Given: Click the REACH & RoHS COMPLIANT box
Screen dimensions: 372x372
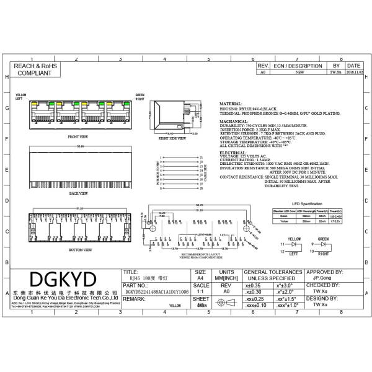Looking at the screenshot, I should [34, 69].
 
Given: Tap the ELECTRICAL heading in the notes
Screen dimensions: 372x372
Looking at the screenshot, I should [233, 152].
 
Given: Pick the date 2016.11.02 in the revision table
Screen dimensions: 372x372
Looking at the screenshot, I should [353, 72].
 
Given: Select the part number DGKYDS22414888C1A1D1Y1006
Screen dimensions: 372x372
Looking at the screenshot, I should [156, 290].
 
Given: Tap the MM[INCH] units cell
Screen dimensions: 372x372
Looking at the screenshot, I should [227, 278].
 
